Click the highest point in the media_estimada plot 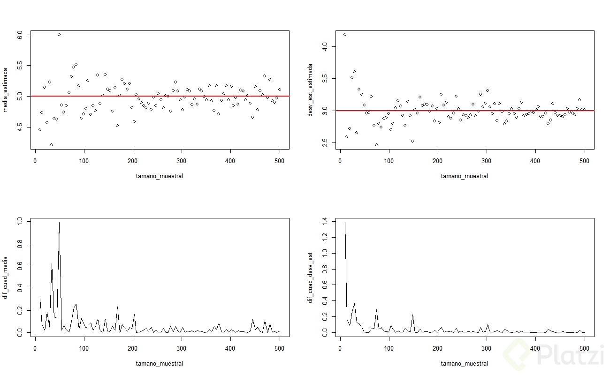[59, 35]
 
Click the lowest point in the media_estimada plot [52, 145]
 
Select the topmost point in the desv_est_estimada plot [345, 35]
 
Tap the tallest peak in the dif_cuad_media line [59, 223]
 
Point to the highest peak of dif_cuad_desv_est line [345, 223]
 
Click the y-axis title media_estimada [6, 90]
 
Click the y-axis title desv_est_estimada [310, 90]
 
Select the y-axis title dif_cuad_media [6, 277]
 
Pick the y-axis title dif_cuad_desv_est [310, 277]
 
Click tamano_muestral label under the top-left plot [160, 176]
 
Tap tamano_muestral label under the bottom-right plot [464, 363]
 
